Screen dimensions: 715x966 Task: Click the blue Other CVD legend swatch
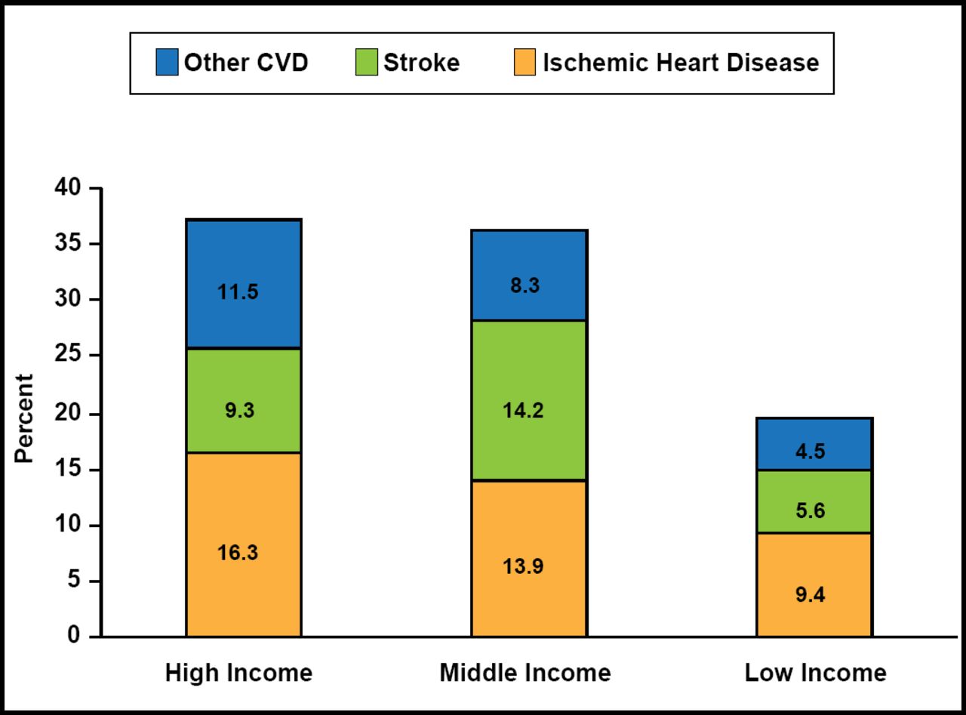[167, 62]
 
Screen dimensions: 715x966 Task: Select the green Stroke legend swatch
[367, 62]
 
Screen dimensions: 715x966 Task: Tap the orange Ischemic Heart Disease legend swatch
[525, 62]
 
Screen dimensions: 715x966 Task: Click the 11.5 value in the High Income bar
[238, 292]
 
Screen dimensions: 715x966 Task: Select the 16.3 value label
[238, 552]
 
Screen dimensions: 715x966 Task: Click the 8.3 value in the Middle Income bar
[525, 285]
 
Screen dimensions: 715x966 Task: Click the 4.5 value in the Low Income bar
[811, 451]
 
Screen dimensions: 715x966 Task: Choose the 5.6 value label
[811, 510]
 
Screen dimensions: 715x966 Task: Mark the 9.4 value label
[811, 595]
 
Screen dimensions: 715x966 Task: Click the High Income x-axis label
[238, 673]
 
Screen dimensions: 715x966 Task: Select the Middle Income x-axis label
[525, 673]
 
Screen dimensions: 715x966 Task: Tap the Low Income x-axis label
[816, 673]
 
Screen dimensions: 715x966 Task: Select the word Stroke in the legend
[421, 62]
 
